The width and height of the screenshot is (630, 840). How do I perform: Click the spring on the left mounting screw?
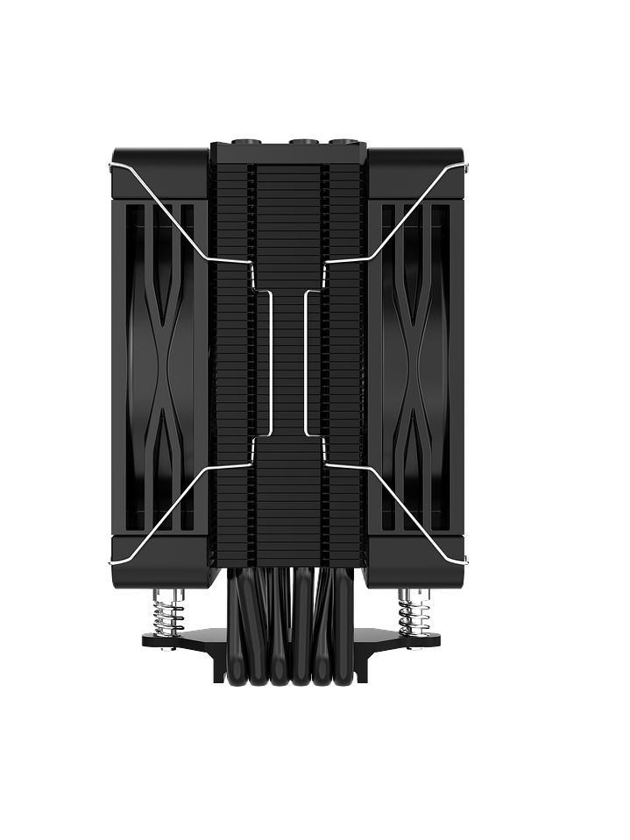tap(166, 611)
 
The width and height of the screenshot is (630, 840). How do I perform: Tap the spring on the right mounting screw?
tap(410, 611)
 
